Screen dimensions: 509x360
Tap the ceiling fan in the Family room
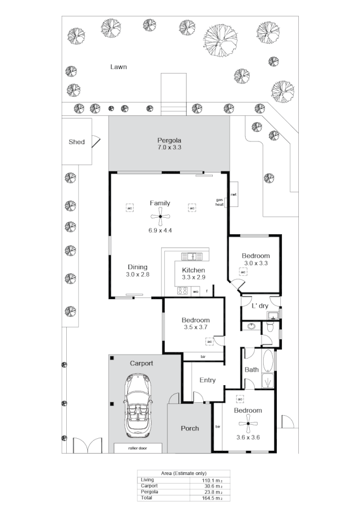point(160,217)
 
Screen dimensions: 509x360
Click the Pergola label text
point(169,140)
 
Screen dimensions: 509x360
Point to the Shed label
point(76,141)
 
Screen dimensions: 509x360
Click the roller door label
point(138,448)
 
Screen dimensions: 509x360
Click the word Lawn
point(118,67)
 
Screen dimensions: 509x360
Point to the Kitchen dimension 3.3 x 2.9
point(194,278)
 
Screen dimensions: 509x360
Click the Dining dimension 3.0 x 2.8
point(137,274)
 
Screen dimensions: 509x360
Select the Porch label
point(190,428)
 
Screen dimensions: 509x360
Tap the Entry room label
point(207,380)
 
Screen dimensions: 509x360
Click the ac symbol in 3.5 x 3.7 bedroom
point(209,342)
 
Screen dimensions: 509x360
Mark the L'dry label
point(260,305)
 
